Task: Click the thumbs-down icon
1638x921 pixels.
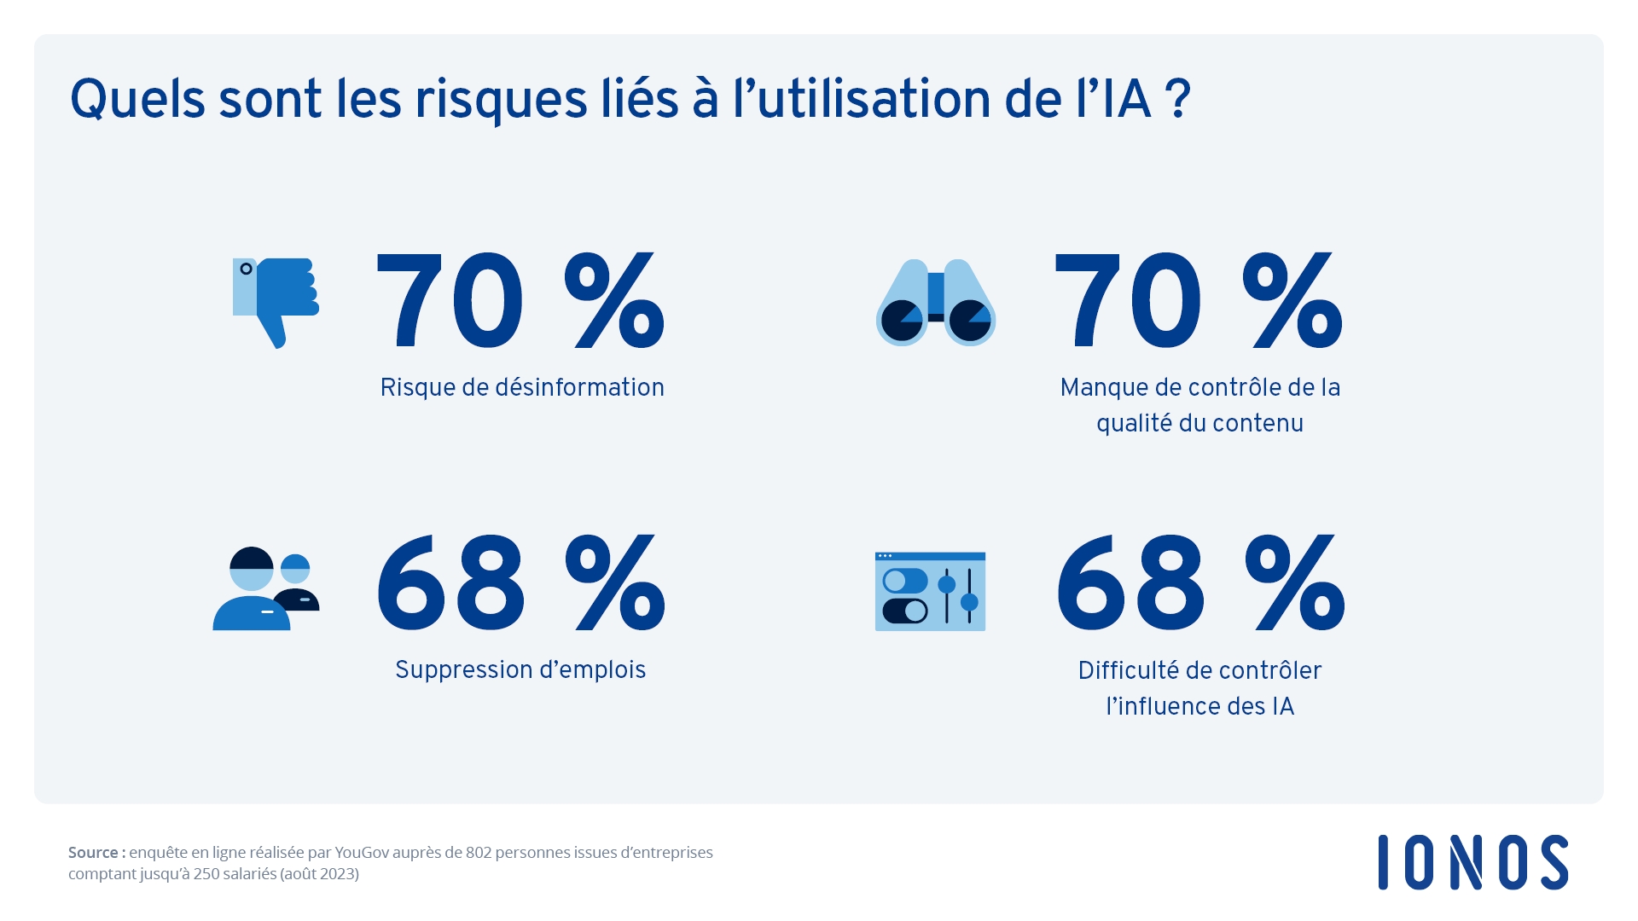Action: pyautogui.click(x=276, y=302)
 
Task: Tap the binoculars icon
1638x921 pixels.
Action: pyautogui.click(x=936, y=303)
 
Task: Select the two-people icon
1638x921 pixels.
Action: pyautogui.click(x=266, y=588)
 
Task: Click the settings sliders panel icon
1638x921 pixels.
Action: pyautogui.click(x=930, y=591)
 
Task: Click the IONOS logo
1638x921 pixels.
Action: pyautogui.click(x=1472, y=862)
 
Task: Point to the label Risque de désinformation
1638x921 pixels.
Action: pyautogui.click(x=522, y=388)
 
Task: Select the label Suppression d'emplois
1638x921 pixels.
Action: pyautogui.click(x=520, y=670)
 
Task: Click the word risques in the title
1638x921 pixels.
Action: pyautogui.click(x=501, y=101)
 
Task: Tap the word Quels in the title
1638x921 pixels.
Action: pyautogui.click(x=137, y=101)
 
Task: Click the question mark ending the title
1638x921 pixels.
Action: pyautogui.click(x=1177, y=100)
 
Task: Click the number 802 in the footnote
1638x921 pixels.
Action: pyautogui.click(x=479, y=853)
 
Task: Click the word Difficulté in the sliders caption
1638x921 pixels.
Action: pyautogui.click(x=1128, y=671)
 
